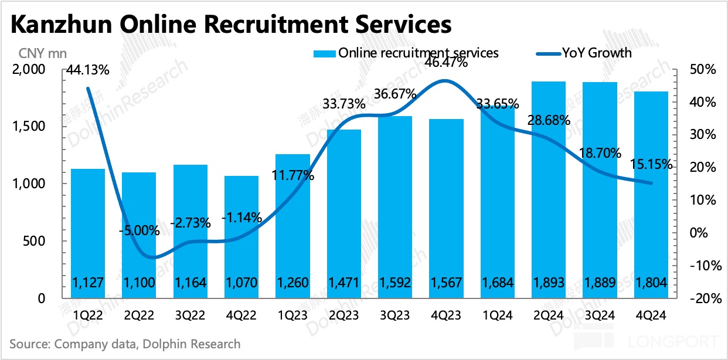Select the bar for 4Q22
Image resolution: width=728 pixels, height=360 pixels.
(x=241, y=235)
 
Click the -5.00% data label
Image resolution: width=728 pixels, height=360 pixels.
(x=140, y=230)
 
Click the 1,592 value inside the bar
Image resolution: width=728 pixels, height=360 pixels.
(x=395, y=284)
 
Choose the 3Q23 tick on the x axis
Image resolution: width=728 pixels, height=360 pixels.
(x=395, y=315)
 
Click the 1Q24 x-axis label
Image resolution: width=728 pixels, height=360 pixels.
(x=497, y=315)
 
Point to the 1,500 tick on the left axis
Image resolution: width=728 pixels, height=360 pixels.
(x=30, y=127)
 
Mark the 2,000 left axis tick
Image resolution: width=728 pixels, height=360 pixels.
(x=30, y=70)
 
